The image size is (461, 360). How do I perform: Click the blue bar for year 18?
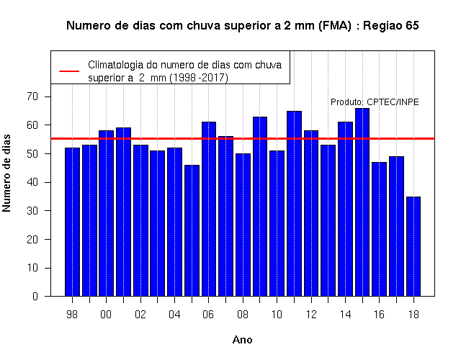(x=413, y=246)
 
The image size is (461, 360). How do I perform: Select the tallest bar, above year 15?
(x=362, y=202)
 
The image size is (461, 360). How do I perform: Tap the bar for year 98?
(x=72, y=222)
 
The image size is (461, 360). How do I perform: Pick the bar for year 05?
(x=192, y=230)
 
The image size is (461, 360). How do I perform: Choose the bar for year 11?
(x=294, y=204)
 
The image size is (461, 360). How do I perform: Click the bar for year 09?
(x=260, y=207)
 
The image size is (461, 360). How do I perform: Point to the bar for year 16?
(x=380, y=229)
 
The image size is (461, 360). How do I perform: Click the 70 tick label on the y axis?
(x=32, y=96)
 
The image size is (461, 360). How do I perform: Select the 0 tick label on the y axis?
(x=35, y=296)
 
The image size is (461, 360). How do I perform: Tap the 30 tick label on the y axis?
(x=32, y=210)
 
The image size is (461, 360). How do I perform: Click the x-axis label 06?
(x=208, y=315)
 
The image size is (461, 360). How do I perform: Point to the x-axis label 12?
(x=311, y=315)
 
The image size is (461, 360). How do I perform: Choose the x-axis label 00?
(x=106, y=315)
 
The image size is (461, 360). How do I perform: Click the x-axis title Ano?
(x=242, y=340)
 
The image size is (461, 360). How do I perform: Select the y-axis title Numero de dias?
(x=6, y=173)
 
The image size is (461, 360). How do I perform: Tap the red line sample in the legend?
(x=69, y=71)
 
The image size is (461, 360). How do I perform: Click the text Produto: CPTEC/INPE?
(x=375, y=102)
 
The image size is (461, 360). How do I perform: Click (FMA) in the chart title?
(x=334, y=26)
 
